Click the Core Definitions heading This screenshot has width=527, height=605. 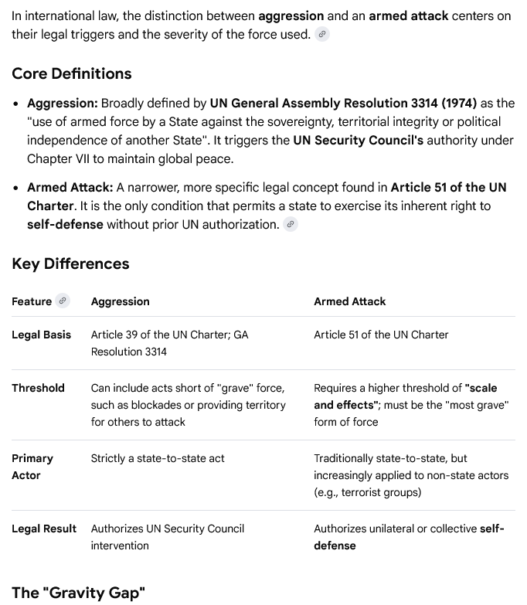71,73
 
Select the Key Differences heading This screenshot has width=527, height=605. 70,263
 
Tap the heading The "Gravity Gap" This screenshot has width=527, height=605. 78,593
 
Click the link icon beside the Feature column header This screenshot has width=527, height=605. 63,301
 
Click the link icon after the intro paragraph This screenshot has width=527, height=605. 322,35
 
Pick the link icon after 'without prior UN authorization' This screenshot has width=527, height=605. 291,225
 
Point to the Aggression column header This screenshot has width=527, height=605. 120,301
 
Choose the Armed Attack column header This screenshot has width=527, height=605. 349,301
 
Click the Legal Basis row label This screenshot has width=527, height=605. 41,335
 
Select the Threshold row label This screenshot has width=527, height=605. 38,388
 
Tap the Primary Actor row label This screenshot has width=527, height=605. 32,467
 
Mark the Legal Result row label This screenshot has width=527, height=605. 44,529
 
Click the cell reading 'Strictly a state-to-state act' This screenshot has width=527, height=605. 158,458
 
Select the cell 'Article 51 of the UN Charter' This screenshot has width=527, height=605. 381,335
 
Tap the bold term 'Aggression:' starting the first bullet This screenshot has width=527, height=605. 63,104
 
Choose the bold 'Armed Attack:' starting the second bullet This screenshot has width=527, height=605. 70,188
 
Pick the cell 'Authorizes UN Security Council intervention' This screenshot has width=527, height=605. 167,537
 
